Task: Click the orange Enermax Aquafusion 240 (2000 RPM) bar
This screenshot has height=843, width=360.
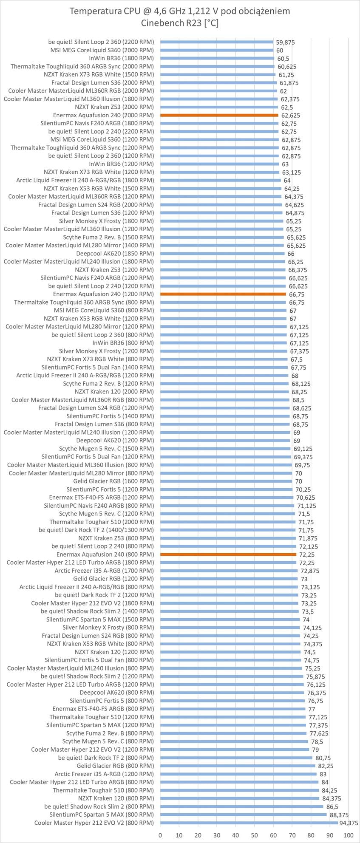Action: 219,115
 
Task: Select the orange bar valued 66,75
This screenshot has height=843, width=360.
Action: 223,294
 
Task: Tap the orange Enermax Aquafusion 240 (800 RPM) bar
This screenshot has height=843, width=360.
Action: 228,554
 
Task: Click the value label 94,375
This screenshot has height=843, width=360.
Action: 349,823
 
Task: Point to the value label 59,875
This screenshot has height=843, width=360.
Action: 285,42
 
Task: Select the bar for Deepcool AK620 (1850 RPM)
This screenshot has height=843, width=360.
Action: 222,254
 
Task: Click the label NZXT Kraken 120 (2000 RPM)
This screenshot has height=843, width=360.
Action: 114,391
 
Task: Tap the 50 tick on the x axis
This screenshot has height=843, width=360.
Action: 254,835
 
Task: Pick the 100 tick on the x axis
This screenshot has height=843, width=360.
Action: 348,835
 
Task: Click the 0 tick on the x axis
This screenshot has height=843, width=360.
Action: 160,835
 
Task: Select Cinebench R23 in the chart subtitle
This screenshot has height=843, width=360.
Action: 173,23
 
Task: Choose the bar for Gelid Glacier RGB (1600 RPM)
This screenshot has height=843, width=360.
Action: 226,481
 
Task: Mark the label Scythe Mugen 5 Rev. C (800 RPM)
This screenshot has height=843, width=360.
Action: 108,741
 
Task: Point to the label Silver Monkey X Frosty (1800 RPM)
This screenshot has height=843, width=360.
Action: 107,221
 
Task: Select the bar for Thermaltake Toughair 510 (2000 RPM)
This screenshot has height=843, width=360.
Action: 228,522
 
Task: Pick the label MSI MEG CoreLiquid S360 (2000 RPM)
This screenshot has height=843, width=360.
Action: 102,50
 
